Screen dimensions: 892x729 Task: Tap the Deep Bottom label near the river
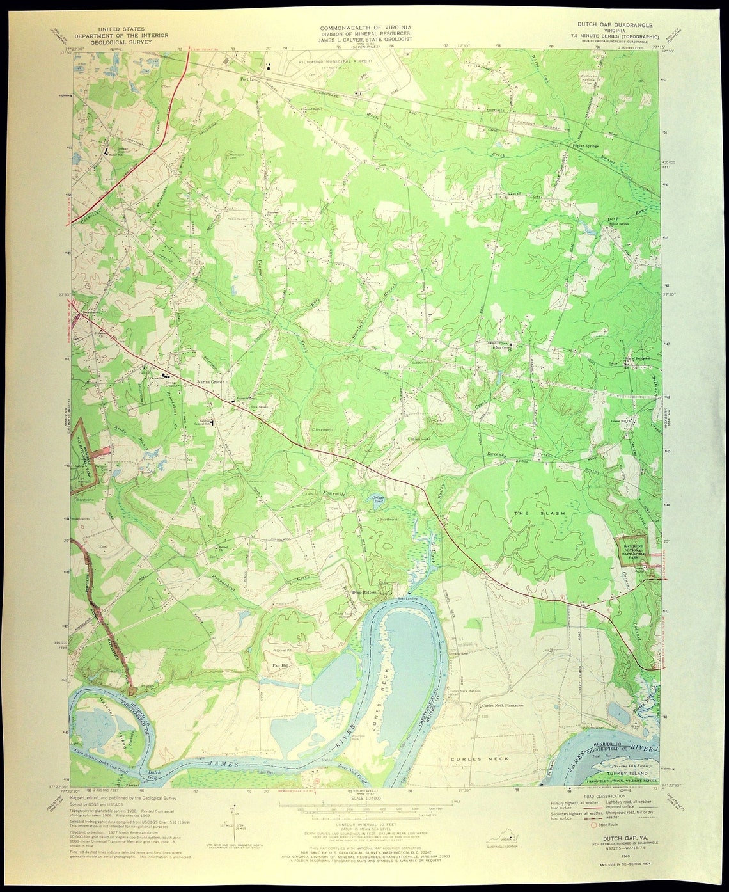tap(365, 593)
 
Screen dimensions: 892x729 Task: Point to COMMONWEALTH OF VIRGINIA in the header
tap(366, 28)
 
